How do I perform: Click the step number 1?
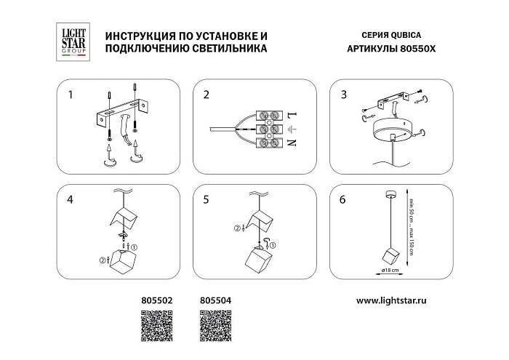[71, 95]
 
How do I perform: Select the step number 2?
[207, 95]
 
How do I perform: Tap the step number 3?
[343, 95]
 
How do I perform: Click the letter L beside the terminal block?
[293, 116]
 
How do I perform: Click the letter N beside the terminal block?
[293, 143]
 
